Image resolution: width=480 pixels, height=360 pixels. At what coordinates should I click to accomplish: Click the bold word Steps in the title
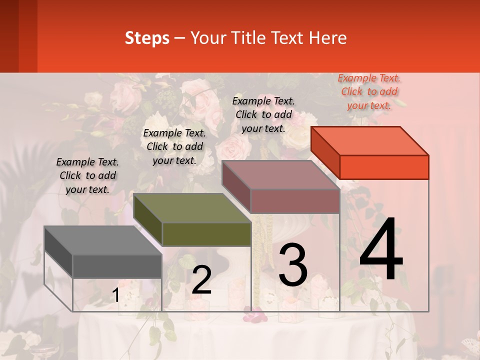point(147,38)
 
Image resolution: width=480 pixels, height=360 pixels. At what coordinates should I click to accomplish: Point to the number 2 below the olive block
point(201,280)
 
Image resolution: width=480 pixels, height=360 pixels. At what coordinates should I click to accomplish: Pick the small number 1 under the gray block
point(115,295)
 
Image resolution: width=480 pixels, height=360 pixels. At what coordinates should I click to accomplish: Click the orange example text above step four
point(369,91)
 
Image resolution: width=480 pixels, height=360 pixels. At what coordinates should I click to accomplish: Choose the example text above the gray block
point(87,175)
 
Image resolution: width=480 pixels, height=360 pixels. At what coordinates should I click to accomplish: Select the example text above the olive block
point(174,146)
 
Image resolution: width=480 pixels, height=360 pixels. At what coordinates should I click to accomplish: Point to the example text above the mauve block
point(263,114)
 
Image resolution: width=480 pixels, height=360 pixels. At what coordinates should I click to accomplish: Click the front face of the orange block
point(384,167)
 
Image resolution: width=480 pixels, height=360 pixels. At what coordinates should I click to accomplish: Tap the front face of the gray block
point(117,266)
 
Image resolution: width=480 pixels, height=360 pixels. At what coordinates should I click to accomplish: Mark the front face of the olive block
point(206,234)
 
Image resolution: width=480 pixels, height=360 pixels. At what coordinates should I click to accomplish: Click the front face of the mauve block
point(295,201)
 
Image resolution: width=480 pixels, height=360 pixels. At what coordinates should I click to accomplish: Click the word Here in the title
point(328,38)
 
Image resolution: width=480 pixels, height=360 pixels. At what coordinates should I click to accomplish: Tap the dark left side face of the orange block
point(325,152)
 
